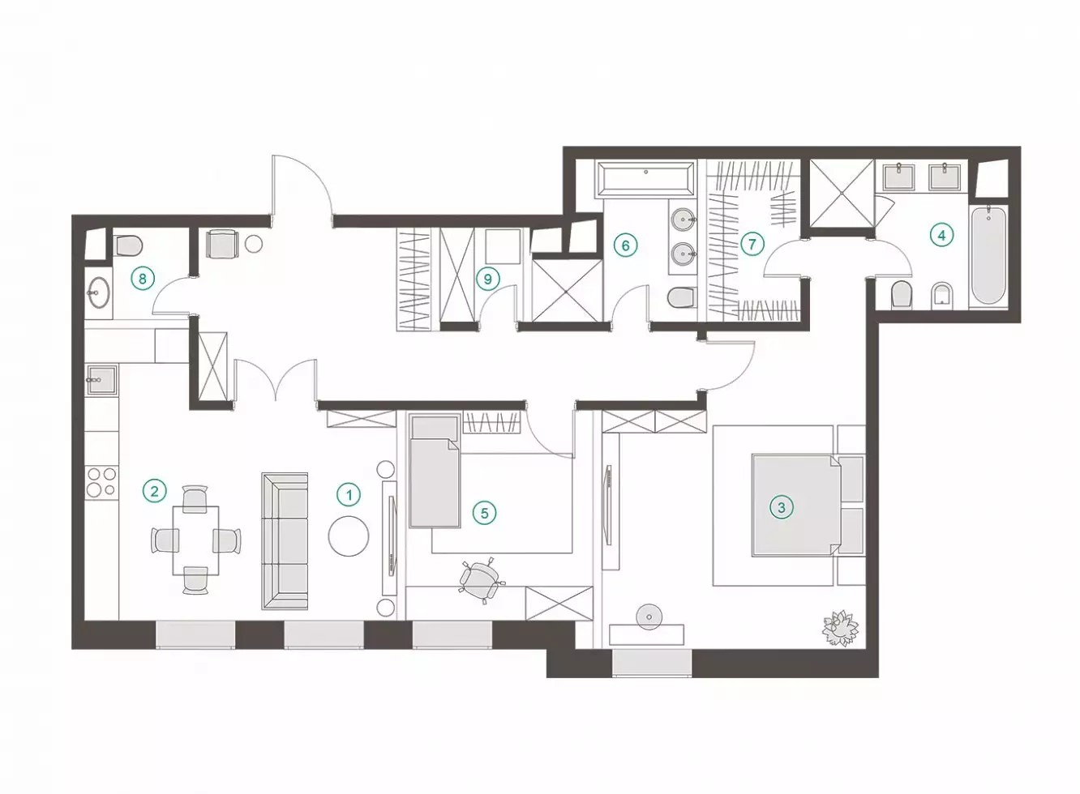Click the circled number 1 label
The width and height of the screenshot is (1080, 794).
(349, 494)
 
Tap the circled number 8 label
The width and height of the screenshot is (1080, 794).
(142, 279)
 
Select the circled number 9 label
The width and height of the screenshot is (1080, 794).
(487, 279)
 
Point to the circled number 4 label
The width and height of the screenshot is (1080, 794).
(941, 235)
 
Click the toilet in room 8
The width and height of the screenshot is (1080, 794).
(127, 245)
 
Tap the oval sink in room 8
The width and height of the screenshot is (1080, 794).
(99, 292)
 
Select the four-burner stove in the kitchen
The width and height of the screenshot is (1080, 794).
(101, 481)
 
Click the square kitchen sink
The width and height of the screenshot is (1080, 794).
(101, 380)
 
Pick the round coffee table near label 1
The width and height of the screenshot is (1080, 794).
(349, 536)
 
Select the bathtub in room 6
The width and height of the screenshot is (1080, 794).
(646, 180)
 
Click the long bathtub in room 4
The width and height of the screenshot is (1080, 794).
(988, 255)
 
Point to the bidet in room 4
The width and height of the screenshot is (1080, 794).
(941, 294)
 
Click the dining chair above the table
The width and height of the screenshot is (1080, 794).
(195, 497)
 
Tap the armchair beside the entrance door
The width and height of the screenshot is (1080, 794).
(222, 244)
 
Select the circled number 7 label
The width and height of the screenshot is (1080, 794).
(752, 244)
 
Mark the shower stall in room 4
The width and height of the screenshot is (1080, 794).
(842, 193)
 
